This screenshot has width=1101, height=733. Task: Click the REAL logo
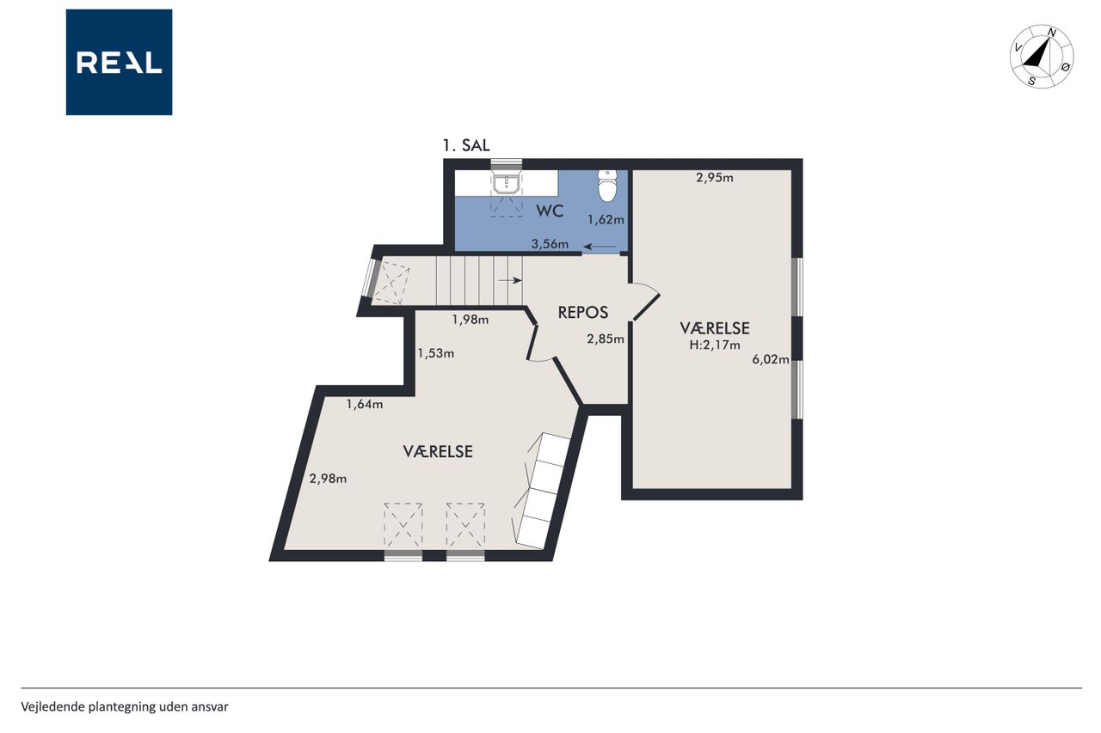119,63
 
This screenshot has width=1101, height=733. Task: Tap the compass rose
1042,57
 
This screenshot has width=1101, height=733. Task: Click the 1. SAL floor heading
466,146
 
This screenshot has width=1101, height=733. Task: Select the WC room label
550,211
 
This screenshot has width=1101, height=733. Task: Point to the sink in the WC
507,184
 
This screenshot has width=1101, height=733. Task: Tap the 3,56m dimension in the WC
550,244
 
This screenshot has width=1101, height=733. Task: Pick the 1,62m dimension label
606,220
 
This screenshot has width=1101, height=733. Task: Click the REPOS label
583,312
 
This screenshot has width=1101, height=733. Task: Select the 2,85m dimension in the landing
606,339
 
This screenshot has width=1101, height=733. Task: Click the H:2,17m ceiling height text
715,345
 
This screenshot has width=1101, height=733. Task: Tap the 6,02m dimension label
771,359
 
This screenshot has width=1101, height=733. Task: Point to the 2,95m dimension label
715,178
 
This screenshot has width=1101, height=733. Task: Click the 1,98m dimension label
471,320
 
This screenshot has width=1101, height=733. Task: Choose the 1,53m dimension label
435,353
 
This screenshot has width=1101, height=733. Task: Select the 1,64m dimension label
365,405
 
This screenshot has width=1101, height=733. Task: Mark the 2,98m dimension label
328,479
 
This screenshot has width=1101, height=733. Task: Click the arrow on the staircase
510,280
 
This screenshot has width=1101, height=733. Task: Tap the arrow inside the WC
600,247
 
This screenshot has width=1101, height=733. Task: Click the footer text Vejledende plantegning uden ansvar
125,707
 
